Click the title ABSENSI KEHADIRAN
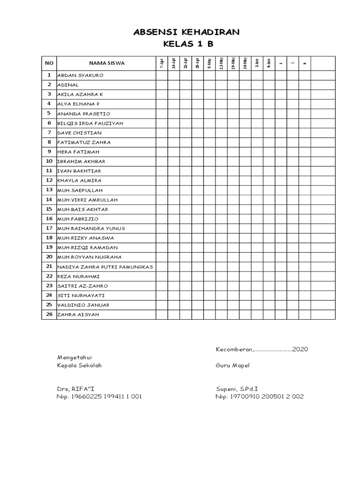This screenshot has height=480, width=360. coord(186,32)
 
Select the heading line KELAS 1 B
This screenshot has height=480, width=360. coord(187,45)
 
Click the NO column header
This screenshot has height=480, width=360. coord(49,63)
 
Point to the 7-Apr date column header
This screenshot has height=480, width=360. coord(162,63)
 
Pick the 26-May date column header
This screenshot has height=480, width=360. coord(245,63)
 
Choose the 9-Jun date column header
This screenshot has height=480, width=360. coord(269,63)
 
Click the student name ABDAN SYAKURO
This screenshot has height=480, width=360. coord(80,75)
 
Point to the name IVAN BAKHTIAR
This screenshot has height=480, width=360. coord(79,171)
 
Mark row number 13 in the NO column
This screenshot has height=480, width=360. coord(49,190)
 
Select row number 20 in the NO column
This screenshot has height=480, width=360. coord(49,257)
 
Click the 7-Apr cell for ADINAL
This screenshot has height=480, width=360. coord(162,85)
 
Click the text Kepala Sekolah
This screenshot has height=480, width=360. coord(79,366)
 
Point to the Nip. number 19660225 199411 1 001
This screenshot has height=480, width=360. coord(99,397)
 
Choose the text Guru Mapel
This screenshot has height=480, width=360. coord(232,366)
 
